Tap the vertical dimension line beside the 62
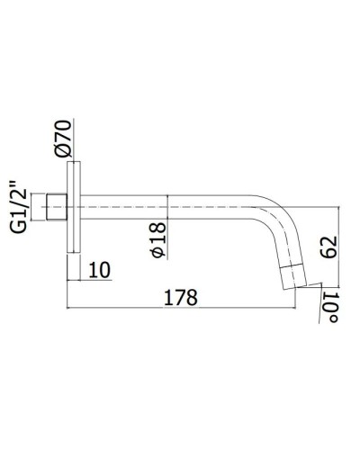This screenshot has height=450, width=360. tap(339, 243)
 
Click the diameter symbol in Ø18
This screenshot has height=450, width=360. tap(158, 255)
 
